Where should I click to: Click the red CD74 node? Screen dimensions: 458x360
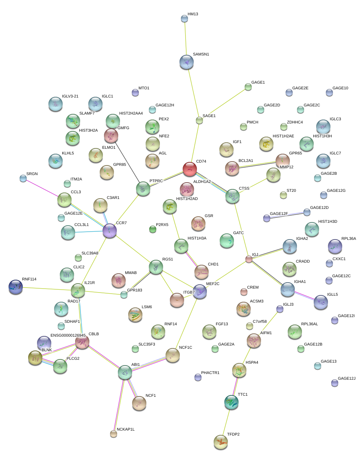click(189, 169)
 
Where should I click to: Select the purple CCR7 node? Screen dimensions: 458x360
click(110, 231)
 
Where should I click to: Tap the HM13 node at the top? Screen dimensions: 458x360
click(184, 19)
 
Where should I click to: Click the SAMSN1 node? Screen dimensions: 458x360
click(187, 62)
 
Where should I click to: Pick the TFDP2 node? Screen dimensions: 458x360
click(221, 442)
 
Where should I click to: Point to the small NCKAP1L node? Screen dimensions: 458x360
click(114, 433)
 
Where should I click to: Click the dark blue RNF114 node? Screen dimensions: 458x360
click(16, 287)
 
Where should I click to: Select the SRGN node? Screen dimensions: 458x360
click(23, 178)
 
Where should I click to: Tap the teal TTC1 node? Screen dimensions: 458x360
click(231, 402)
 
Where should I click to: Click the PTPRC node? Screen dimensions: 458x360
click(143, 189)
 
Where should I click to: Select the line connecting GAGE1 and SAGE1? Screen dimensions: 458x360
click(224, 104)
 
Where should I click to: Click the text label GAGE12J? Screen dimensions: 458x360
click(346, 378)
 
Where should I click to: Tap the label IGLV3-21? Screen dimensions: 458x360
click(70, 96)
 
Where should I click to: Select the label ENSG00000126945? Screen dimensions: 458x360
click(68, 335)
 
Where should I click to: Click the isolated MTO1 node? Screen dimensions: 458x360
click(135, 93)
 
